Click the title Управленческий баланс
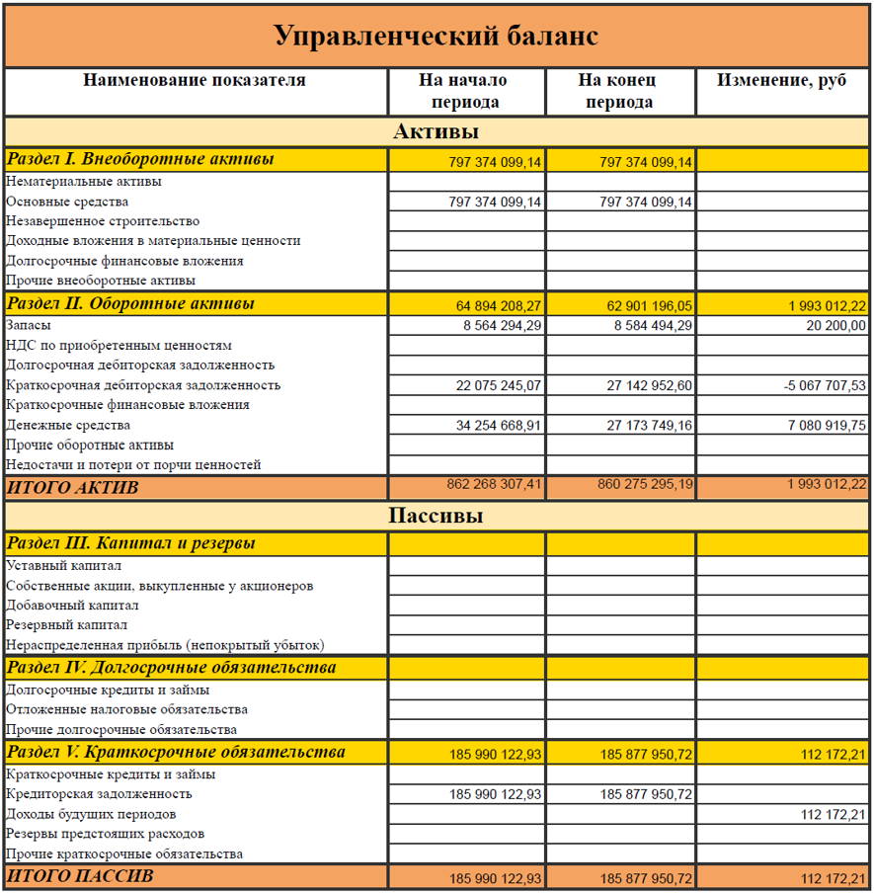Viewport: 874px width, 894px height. click(x=436, y=37)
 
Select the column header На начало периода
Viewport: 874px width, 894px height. click(x=465, y=91)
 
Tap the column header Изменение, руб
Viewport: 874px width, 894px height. click(x=781, y=81)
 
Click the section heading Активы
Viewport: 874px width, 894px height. click(x=436, y=131)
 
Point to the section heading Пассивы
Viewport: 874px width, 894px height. click(x=436, y=516)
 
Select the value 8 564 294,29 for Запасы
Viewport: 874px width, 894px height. click(x=501, y=325)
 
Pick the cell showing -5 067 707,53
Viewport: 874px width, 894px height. click(x=824, y=385)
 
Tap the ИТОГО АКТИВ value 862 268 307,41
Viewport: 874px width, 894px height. click(x=494, y=485)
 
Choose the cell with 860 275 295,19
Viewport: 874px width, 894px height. click(x=645, y=485)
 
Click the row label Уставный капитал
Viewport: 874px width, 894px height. click(x=64, y=566)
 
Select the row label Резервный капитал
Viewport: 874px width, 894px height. click(x=67, y=625)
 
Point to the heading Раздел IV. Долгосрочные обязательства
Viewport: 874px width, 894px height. click(x=172, y=668)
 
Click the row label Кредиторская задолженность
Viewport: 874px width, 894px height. click(x=99, y=794)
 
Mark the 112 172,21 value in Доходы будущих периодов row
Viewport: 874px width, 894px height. click(x=833, y=815)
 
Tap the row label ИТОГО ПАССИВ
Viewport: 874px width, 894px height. click(x=81, y=876)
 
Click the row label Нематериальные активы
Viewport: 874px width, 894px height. click(x=84, y=182)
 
